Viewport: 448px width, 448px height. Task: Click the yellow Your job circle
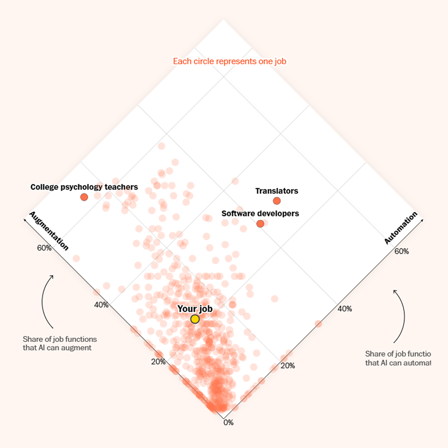(x=195, y=319)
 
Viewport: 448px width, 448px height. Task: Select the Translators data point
(x=277, y=201)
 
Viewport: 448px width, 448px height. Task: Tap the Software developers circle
(x=260, y=224)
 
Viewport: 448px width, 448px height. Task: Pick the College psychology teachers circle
(x=84, y=197)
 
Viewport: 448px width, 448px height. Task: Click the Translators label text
(x=277, y=191)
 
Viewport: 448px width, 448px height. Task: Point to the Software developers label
(x=260, y=214)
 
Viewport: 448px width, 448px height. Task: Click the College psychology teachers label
(x=84, y=187)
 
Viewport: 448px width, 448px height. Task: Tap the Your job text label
(x=195, y=309)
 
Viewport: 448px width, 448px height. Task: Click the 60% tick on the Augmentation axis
(x=44, y=248)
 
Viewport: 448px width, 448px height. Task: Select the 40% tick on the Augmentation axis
(x=101, y=304)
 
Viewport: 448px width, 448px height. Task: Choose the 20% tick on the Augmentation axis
(x=158, y=361)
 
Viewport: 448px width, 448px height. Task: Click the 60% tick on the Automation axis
(x=402, y=251)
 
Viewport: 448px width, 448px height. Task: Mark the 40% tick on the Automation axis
(x=345, y=309)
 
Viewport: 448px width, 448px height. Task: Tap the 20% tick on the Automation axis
(x=288, y=365)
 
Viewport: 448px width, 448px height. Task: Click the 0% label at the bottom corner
(x=229, y=423)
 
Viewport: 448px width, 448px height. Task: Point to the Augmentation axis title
(x=49, y=231)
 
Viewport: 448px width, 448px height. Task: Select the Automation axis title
(x=401, y=228)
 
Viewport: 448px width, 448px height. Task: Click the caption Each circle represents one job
(x=229, y=61)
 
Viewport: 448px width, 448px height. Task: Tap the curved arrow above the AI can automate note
(x=400, y=315)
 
